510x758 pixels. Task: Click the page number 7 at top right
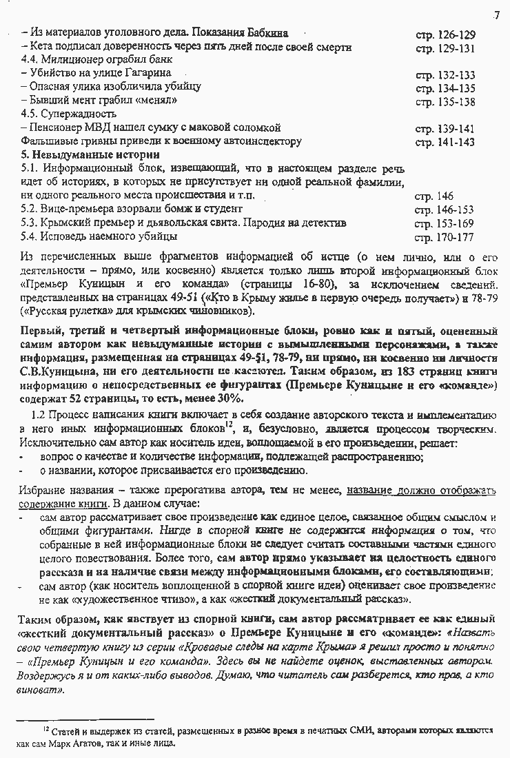point(496,16)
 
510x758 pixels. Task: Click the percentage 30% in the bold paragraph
point(229,398)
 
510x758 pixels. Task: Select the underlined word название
point(372,491)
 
